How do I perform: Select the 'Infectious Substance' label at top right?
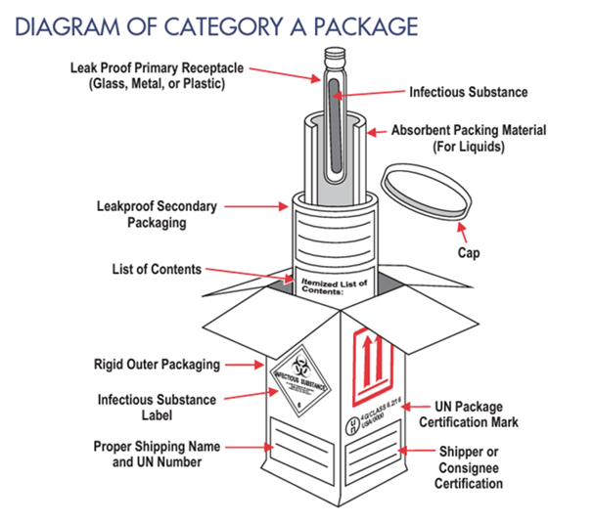(469, 92)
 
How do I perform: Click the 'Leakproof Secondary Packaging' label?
(157, 214)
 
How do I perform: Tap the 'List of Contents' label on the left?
(157, 269)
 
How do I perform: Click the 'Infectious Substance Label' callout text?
(157, 407)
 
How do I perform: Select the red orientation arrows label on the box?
(375, 359)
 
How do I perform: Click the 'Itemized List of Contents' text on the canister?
(336, 285)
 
